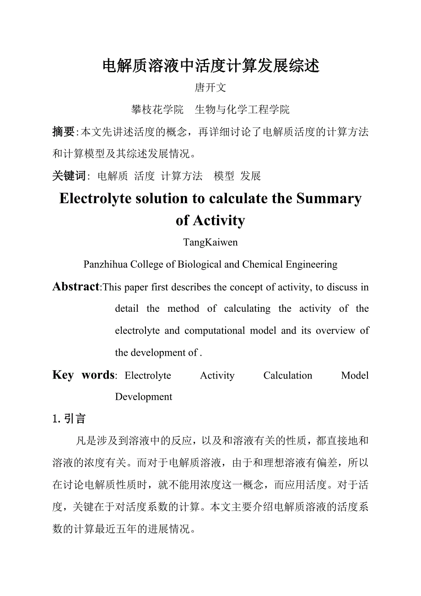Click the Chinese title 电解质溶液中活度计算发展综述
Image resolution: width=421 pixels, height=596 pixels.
210,66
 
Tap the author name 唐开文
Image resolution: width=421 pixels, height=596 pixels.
210,87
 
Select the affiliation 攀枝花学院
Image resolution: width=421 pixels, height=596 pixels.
157,110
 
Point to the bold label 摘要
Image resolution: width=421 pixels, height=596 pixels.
63,132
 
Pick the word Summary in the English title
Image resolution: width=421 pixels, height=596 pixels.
329,199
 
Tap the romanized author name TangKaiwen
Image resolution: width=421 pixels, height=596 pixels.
210,243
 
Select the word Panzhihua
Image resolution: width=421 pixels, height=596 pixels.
106,265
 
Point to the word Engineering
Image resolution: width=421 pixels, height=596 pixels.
312,265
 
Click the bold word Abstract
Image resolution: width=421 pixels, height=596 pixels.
76,287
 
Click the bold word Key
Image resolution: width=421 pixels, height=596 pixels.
63,375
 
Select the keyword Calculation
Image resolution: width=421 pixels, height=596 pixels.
288,376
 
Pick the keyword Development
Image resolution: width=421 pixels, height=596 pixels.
144,397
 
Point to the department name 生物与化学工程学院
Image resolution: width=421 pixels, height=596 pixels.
242,110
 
